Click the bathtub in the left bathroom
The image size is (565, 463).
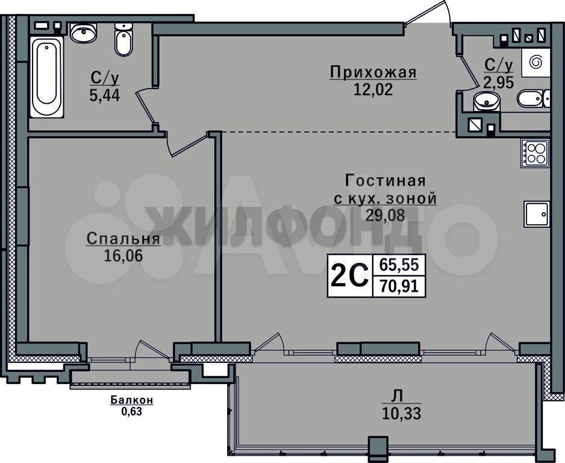pyautogui.click(x=47, y=77)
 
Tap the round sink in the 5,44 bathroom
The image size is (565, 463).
pyautogui.click(x=84, y=32)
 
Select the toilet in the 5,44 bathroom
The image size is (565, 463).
pyautogui.click(x=123, y=40)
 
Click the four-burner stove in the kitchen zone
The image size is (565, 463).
pyautogui.click(x=535, y=154)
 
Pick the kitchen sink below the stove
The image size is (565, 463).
pyautogui.click(x=537, y=214)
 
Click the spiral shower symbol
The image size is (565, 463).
pyautogui.click(x=535, y=62)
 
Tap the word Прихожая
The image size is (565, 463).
pyautogui.click(x=373, y=72)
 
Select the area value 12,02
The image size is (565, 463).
pyautogui.click(x=373, y=89)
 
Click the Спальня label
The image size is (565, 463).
pyautogui.click(x=123, y=239)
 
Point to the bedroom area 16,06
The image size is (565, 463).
pyautogui.click(x=123, y=256)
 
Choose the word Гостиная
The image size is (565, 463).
pyautogui.click(x=386, y=180)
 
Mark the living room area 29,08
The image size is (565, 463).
pyautogui.click(x=385, y=215)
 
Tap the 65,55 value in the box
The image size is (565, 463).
pyautogui.click(x=399, y=265)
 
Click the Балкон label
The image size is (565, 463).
pyautogui.click(x=132, y=400)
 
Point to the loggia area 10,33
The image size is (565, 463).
pyautogui.click(x=401, y=413)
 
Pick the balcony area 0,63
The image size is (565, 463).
pyautogui.click(x=131, y=411)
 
